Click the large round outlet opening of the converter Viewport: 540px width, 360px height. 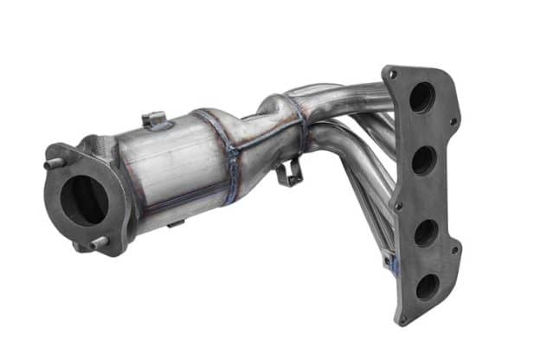coord(84,201)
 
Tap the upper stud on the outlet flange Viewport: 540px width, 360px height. coord(52,162)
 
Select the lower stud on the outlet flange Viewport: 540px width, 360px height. coord(96,244)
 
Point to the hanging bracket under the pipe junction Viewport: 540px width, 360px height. coord(287,172)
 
